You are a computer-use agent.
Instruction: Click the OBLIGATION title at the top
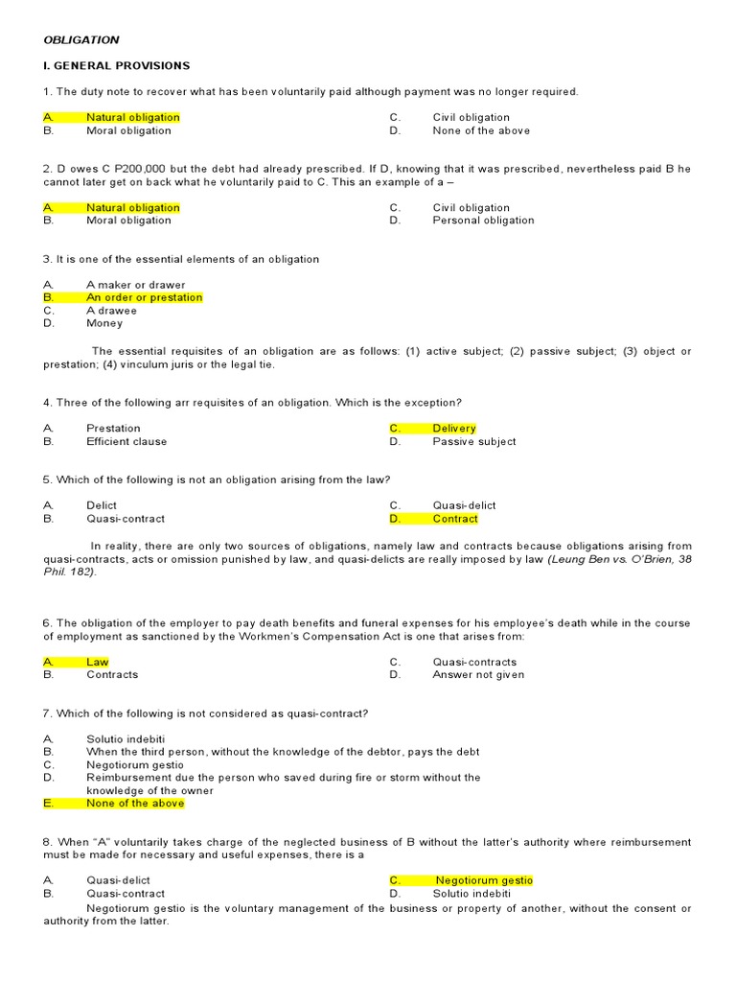click(x=81, y=39)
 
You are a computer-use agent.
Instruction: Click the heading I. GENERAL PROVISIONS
click(x=117, y=65)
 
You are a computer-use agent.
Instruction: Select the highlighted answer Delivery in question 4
click(x=453, y=429)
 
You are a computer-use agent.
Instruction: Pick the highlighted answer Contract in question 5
click(x=454, y=519)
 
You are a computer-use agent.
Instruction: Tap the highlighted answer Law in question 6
click(x=97, y=662)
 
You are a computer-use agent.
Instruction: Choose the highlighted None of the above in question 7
click(x=134, y=804)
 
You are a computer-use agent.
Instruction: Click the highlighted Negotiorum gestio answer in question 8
click(x=484, y=880)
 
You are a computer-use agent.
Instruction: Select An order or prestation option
click(x=144, y=297)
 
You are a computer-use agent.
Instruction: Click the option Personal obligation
click(x=483, y=221)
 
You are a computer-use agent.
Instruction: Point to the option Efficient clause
click(x=126, y=442)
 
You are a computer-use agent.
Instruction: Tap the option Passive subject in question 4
click(x=473, y=442)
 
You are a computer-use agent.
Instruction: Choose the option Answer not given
click(x=478, y=675)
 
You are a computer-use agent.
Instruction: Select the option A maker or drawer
click(x=135, y=285)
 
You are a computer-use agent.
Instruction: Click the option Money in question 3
click(x=104, y=323)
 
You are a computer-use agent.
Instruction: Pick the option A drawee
click(x=111, y=311)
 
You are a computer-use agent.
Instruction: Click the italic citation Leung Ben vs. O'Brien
click(x=609, y=559)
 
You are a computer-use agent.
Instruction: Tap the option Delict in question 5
click(x=102, y=505)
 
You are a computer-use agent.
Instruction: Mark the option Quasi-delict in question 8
click(x=118, y=880)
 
